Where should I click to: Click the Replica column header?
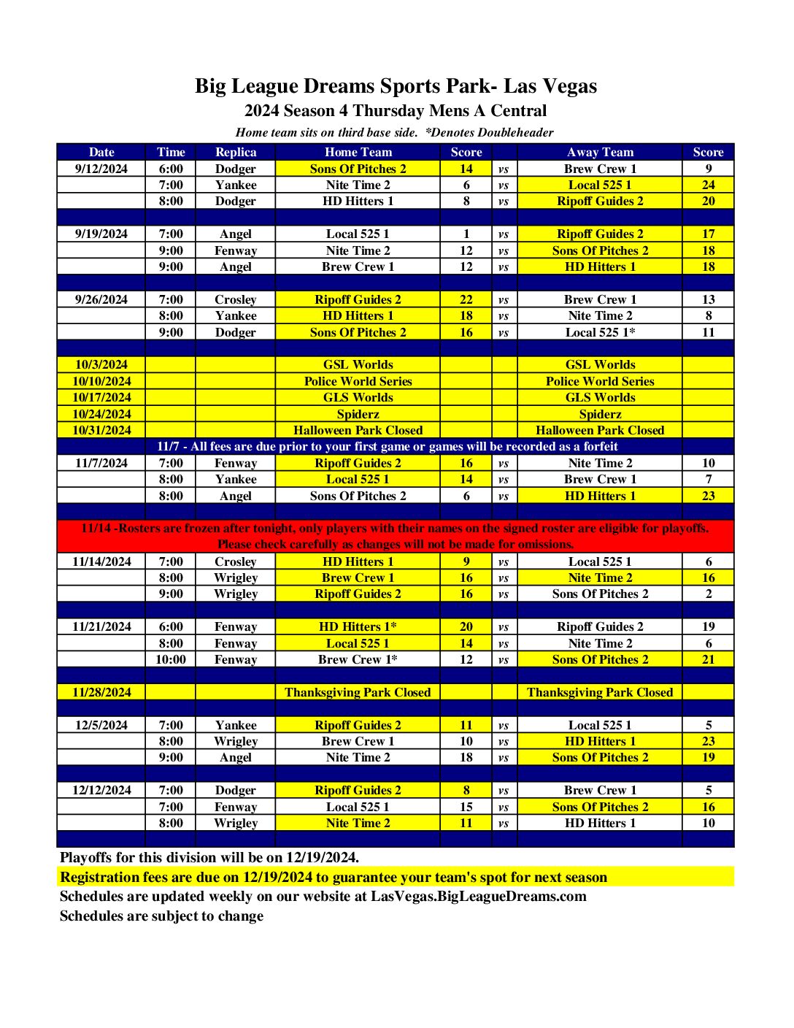236,152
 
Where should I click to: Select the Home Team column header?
358,152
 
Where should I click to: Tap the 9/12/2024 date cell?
101,169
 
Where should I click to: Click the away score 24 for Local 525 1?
708,185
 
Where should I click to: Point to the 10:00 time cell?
171,659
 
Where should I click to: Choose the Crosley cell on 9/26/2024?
236,299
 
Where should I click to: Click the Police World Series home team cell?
358,381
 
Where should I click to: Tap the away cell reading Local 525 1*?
600,332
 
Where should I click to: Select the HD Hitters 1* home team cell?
358,626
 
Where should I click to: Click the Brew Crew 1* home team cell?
358,659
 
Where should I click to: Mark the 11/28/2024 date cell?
101,692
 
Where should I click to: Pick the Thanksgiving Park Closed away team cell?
600,692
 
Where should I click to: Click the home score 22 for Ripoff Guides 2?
466,299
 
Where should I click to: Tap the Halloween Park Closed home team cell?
358,430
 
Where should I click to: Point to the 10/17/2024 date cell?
101,397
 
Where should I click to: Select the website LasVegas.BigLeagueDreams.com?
478,897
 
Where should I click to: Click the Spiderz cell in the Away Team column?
600,414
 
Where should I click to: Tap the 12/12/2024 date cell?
101,790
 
